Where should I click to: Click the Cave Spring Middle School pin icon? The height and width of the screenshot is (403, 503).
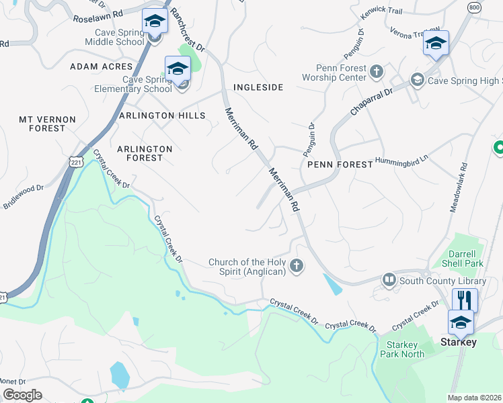(155, 21)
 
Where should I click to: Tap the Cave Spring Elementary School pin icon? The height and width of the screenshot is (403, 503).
(178, 69)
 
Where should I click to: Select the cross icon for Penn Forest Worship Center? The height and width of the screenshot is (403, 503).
(376, 71)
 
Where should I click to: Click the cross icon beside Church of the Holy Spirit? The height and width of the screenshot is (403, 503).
(296, 267)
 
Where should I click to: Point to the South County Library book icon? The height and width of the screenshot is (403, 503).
(389, 279)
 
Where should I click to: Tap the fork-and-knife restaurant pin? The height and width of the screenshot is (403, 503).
(464, 299)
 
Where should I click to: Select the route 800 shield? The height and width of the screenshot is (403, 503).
(474, 7)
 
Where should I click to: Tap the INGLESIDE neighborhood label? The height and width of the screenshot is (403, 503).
(258, 88)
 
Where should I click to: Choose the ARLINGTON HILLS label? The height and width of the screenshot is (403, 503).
(161, 116)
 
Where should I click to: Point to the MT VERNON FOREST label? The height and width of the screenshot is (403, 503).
(47, 124)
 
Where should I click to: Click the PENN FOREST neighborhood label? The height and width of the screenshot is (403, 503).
(340, 165)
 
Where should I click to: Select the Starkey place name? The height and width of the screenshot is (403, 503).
(458, 343)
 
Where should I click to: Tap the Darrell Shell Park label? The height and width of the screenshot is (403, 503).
(467, 259)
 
